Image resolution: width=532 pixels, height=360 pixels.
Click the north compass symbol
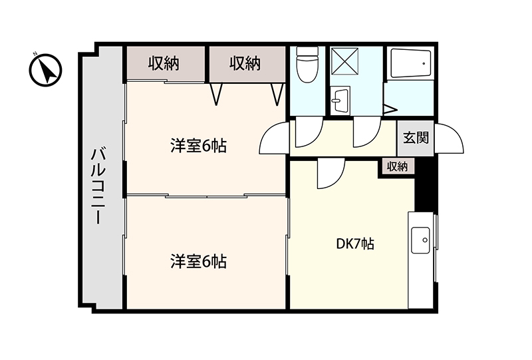click(45, 70)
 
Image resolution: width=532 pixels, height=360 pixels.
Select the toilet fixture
click(307, 64)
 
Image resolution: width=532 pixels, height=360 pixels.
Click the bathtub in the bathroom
click(411, 64)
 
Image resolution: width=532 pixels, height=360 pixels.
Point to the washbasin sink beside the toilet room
click(340, 100)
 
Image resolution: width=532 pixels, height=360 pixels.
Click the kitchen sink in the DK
click(420, 240)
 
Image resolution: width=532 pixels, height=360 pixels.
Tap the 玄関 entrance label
click(416, 138)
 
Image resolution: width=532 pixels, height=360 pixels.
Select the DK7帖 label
click(355, 244)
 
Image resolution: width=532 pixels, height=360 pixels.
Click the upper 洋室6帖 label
click(198, 146)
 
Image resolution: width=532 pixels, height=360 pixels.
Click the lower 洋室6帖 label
click(198, 262)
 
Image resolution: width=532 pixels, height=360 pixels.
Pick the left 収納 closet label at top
click(164, 63)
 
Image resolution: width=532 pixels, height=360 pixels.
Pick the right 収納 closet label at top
click(245, 63)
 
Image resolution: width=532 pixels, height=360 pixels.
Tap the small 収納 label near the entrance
click(397, 167)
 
